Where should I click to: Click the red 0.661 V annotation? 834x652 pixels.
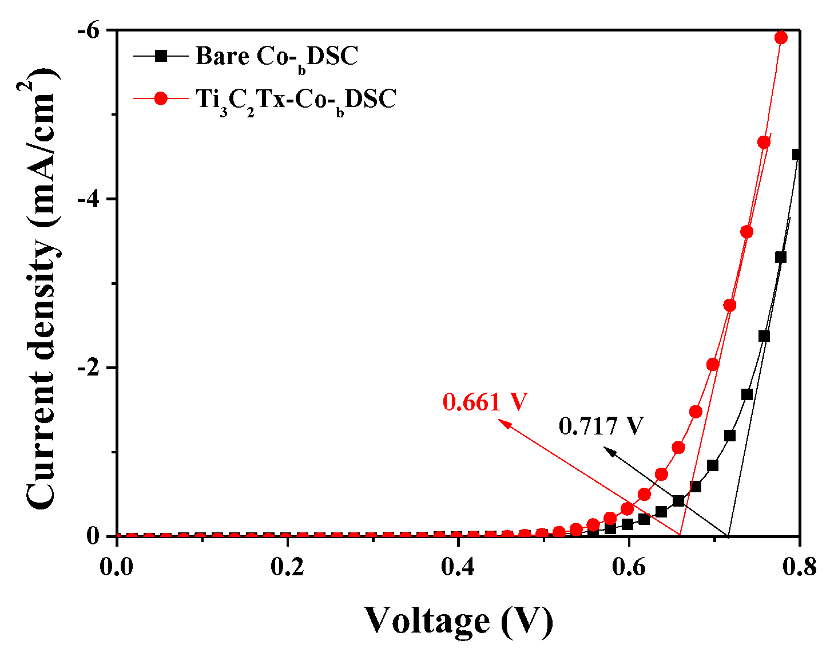(x=484, y=402)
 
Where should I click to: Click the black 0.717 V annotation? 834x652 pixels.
(x=601, y=426)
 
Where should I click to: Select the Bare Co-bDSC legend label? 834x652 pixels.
(x=276, y=56)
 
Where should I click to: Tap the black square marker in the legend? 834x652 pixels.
(x=161, y=56)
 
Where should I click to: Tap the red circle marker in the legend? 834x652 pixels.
(x=161, y=98)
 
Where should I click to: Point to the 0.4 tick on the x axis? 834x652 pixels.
(x=458, y=566)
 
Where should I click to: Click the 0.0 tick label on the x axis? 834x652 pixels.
(x=117, y=566)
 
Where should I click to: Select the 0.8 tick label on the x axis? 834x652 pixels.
(x=799, y=566)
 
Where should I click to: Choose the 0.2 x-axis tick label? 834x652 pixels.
(x=288, y=566)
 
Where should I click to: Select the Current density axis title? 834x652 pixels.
(x=43, y=286)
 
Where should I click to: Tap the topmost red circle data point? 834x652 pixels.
(x=781, y=38)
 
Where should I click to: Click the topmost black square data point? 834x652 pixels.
(x=797, y=155)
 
